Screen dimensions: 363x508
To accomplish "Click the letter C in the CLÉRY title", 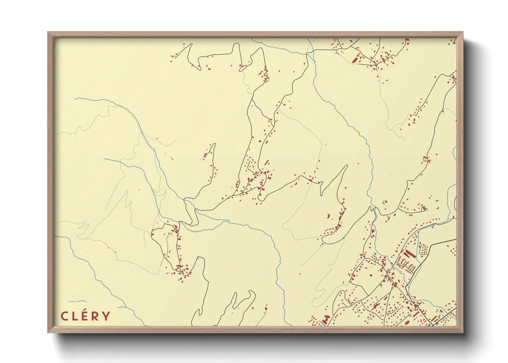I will tap(64, 316).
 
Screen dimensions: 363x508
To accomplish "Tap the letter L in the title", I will tap(74, 316).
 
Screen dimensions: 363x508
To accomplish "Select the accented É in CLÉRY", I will tap(85, 316).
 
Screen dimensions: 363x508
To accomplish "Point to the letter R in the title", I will tap(95, 316).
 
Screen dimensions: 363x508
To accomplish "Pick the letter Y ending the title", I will tap(106, 316).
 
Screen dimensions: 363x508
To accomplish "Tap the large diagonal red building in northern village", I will tap(356, 59).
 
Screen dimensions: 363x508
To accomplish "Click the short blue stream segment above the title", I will tap(77, 301).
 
